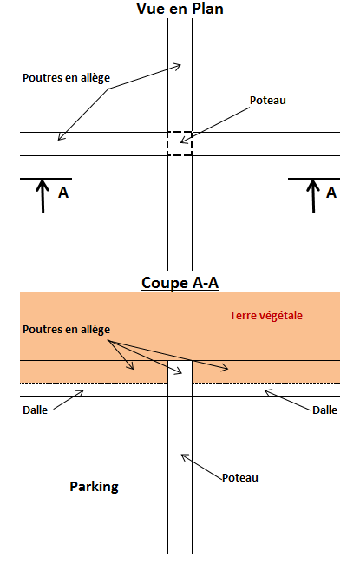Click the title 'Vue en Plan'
(x=180, y=9)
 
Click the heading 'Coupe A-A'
(x=180, y=283)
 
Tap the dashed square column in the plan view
(x=180, y=143)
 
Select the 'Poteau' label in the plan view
(x=268, y=101)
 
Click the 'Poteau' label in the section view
(x=240, y=478)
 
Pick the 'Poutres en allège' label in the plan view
(x=66, y=78)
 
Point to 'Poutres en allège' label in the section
(x=66, y=330)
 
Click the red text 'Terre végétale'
(x=266, y=316)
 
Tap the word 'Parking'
(x=94, y=487)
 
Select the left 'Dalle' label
(x=36, y=410)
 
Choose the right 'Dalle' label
(x=324, y=410)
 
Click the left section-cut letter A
(x=63, y=193)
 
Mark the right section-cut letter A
(x=331, y=193)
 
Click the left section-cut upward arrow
(x=43, y=196)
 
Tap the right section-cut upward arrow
(x=313, y=196)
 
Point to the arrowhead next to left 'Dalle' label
(x=80, y=393)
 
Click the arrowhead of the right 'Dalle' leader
(x=268, y=392)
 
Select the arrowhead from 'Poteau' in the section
(x=184, y=456)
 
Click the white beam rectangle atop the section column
(x=180, y=378)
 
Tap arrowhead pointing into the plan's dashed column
(x=184, y=140)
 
